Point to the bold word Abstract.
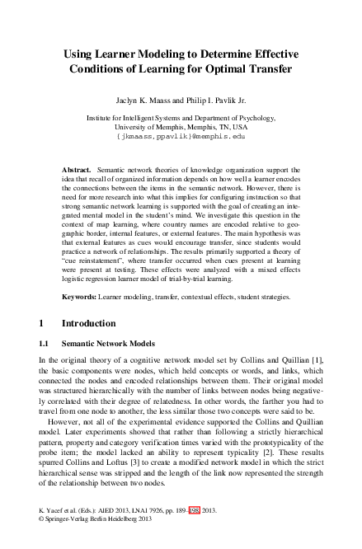click(x=78, y=170)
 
